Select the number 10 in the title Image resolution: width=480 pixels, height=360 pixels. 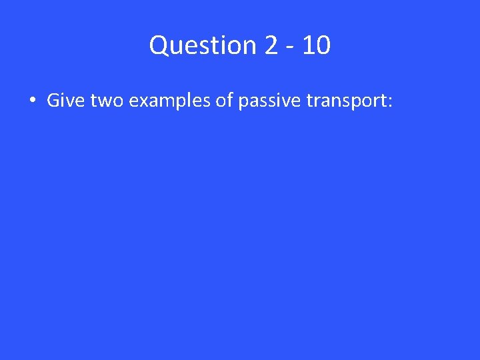click(315, 45)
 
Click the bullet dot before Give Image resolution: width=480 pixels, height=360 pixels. click(32, 101)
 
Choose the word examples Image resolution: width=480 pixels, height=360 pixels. click(166, 102)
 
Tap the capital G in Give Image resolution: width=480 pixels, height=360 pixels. click(53, 101)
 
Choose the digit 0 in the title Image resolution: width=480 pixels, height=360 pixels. click(322, 45)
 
